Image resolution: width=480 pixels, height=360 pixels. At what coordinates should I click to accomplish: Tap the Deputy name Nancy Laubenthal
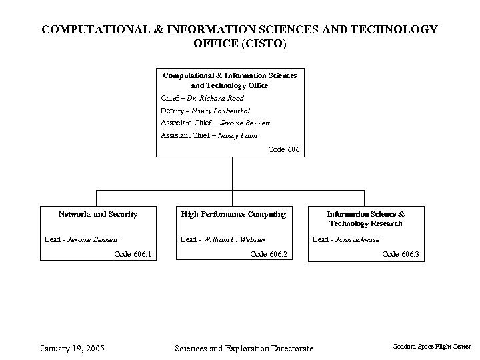tap(221, 110)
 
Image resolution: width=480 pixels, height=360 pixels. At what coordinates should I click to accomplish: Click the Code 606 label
tap(284, 149)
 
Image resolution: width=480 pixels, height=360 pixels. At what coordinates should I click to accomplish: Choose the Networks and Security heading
tap(98, 214)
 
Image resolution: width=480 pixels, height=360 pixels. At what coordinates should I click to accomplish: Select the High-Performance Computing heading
tap(233, 214)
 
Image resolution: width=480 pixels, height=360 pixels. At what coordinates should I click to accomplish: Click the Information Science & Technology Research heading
tap(365, 219)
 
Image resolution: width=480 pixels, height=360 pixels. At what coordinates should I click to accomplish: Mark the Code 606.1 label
tap(133, 254)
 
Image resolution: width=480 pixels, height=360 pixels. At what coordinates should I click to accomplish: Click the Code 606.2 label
tap(268, 254)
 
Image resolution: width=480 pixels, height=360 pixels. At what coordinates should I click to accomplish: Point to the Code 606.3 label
tap(400, 254)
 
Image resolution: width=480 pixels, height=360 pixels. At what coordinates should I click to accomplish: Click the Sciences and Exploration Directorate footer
tap(243, 348)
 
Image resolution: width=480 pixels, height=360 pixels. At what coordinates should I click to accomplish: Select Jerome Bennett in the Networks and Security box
tap(93, 239)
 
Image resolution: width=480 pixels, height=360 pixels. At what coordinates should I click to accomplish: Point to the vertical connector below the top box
tap(231, 173)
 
